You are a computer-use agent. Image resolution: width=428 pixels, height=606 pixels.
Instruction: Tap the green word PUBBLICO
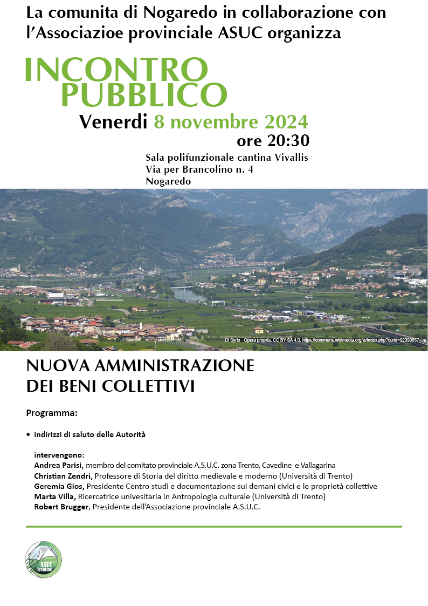click(x=143, y=94)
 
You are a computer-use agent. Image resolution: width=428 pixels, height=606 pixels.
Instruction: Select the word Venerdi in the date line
click(x=113, y=122)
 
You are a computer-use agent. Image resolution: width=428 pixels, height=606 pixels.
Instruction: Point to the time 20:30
click(x=288, y=141)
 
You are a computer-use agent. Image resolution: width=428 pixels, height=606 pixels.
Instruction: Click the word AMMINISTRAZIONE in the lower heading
click(x=174, y=366)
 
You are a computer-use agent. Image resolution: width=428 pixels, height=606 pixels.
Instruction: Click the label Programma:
click(x=52, y=413)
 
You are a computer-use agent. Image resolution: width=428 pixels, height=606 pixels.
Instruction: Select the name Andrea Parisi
click(x=58, y=465)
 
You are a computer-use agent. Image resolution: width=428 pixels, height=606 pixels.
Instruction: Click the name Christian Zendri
click(x=63, y=476)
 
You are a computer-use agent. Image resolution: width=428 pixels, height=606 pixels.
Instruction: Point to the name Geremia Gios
click(x=58, y=486)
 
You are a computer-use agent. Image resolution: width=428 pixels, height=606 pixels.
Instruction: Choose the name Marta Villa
click(x=56, y=496)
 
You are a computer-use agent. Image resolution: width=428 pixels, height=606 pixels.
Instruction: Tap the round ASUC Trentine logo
click(x=44, y=559)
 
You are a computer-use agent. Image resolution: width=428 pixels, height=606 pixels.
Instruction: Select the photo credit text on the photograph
click(x=322, y=341)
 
